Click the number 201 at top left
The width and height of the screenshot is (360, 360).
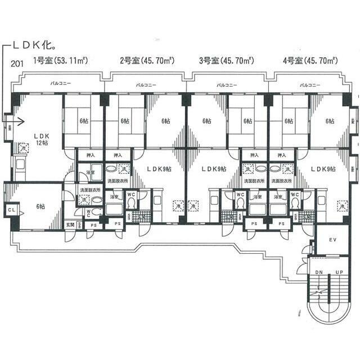[x=17, y=62]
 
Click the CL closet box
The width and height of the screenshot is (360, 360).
[x=11, y=210]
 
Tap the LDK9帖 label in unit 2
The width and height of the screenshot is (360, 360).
[x=159, y=168]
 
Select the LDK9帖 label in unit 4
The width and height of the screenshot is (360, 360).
[x=322, y=168]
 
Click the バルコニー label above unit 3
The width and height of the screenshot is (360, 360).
[x=227, y=85]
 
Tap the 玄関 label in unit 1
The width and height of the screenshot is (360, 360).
[x=70, y=225]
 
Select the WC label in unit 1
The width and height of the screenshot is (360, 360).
[x=89, y=211]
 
